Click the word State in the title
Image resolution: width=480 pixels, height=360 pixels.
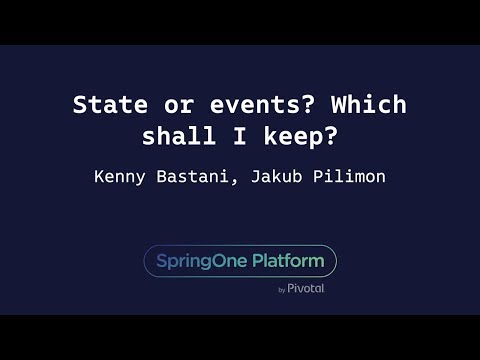(106, 106)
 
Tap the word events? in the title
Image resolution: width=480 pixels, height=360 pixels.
(241, 106)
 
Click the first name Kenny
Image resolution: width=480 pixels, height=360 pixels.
(121, 176)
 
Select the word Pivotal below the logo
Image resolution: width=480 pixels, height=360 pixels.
(306, 289)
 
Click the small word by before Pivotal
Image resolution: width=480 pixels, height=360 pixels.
(282, 290)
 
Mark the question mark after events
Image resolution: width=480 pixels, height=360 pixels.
(292, 106)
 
